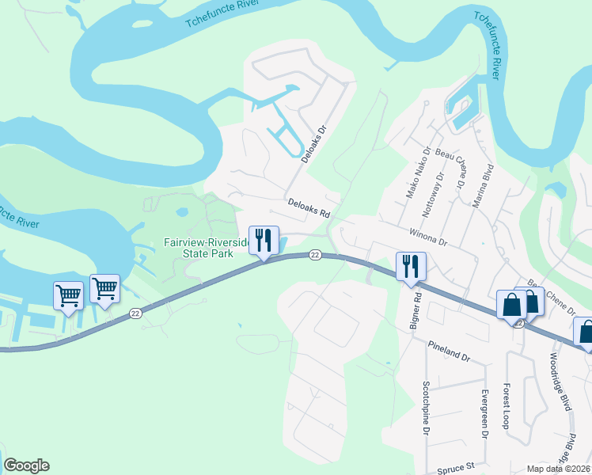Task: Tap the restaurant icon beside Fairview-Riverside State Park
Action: pyautogui.click(x=264, y=241)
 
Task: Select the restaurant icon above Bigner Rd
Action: pyautogui.click(x=411, y=266)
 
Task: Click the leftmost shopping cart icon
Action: pyautogui.click(x=68, y=296)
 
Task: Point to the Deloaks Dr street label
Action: pyautogui.click(x=314, y=142)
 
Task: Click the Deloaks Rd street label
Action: pyautogui.click(x=308, y=208)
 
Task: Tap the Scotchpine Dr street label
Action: pyautogui.click(x=425, y=408)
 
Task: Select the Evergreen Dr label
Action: pyautogui.click(x=484, y=412)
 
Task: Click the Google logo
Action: pyautogui.click(x=26, y=465)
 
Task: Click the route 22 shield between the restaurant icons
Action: pyautogui.click(x=315, y=255)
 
